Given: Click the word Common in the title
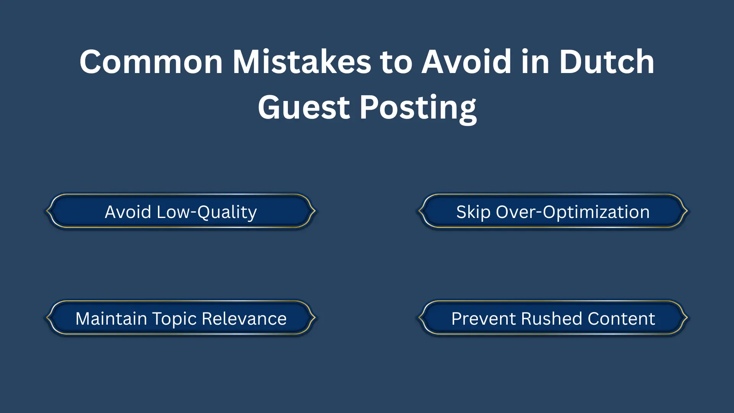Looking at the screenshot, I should [151, 62].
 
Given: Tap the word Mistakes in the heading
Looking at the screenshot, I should [302, 62].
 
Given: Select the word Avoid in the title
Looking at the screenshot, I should [466, 62].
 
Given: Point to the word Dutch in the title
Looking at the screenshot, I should [607, 62].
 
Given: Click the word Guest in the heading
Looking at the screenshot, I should [304, 107].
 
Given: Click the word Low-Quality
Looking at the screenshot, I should [206, 212].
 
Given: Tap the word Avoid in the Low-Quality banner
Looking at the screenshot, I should [128, 212].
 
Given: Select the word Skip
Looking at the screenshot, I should [473, 212].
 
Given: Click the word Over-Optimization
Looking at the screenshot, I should [572, 212].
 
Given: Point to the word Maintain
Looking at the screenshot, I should [111, 319].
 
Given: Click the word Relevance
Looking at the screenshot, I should [244, 319].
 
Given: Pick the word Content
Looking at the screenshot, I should [621, 319].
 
